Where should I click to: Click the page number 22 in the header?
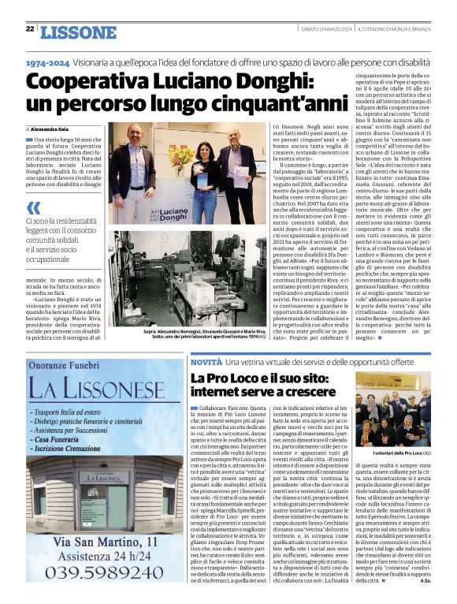[30, 29]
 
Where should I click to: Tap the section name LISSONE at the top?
[77, 32]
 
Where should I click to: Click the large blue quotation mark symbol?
[33, 207]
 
